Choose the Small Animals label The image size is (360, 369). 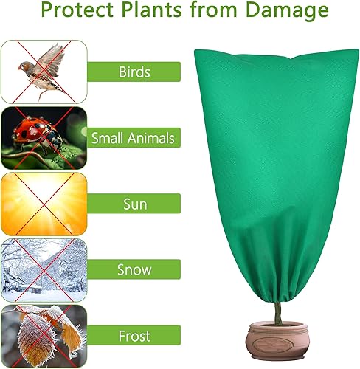pyautogui.click(x=133, y=137)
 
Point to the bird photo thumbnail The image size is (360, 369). pyautogui.click(x=44, y=72)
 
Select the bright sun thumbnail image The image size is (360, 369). pyautogui.click(x=44, y=203)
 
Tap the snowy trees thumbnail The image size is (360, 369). pyautogui.click(x=44, y=269)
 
